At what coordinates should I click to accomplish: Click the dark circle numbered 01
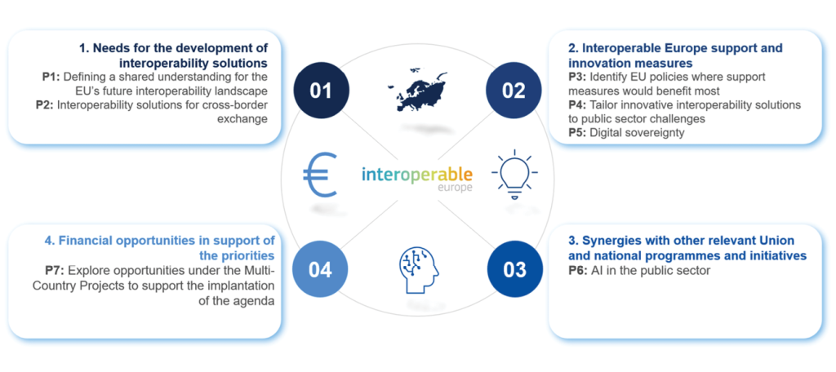321,91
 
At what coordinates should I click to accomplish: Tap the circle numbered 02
514,91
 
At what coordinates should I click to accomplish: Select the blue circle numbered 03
514,270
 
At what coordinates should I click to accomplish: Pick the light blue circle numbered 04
321,270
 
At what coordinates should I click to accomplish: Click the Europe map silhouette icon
417,89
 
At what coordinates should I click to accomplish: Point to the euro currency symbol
320,175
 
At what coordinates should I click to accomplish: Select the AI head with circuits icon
418,270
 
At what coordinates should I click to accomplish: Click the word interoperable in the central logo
417,175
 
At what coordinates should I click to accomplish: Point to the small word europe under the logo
456,188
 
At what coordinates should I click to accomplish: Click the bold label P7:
55,271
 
